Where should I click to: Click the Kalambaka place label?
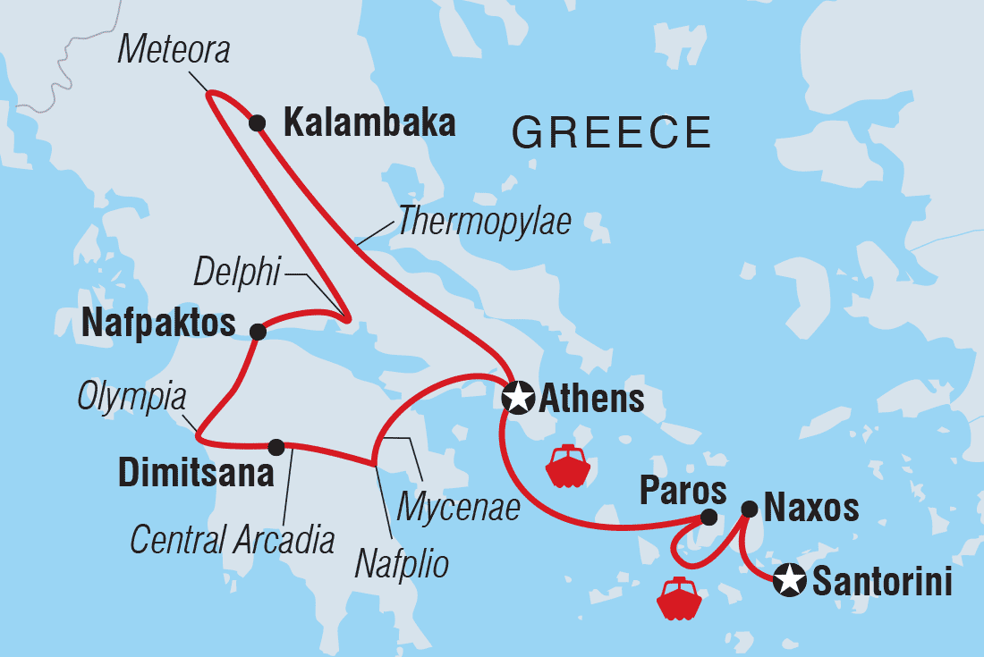pyautogui.click(x=369, y=123)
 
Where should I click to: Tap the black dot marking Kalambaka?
pyautogui.click(x=258, y=122)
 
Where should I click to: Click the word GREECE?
pyautogui.click(x=611, y=132)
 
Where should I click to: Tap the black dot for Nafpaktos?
pyautogui.click(x=258, y=332)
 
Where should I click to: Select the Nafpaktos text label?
pyautogui.click(x=157, y=324)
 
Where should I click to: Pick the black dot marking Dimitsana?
pyautogui.click(x=276, y=445)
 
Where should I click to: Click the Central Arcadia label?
pyautogui.click(x=233, y=540)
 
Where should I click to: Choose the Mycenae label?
pyautogui.click(x=458, y=508)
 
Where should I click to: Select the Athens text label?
pyautogui.click(x=591, y=399)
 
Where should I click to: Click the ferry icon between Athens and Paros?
pyautogui.click(x=566, y=466)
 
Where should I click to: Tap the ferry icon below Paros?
pyautogui.click(x=679, y=598)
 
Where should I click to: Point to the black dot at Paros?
pyautogui.click(x=708, y=517)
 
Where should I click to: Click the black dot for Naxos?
pyautogui.click(x=750, y=509)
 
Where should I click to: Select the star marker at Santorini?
pyautogui.click(x=790, y=581)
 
